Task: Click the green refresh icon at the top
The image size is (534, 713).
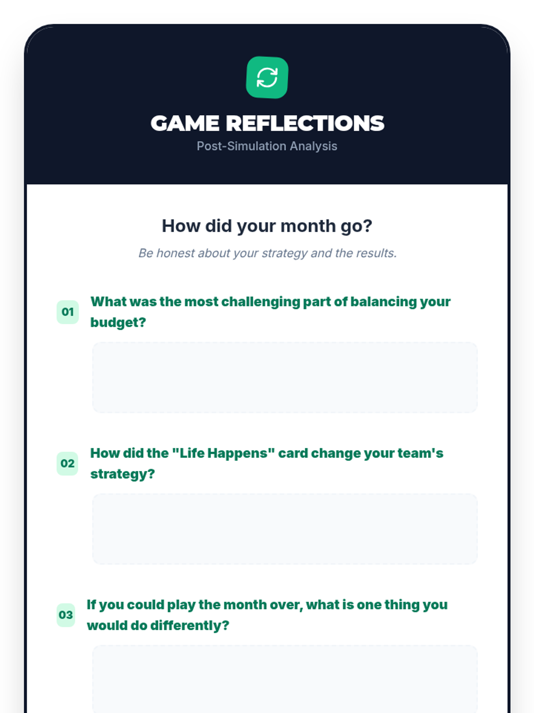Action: pos(267,77)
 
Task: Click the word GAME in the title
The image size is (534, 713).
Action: pos(185,123)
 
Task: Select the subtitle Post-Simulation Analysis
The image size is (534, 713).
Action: pos(267,146)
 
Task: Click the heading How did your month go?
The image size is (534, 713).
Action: pos(267,226)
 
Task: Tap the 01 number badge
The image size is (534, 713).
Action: pos(68,312)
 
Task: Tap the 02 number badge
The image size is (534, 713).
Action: pos(68,463)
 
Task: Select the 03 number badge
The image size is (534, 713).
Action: pos(66,615)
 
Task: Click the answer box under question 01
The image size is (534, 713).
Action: pos(285,377)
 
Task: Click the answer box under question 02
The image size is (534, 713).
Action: pos(285,529)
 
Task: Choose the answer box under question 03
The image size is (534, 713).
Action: pos(285,679)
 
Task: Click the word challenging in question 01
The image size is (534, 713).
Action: pos(261,302)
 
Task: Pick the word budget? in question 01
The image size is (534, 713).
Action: pos(118,323)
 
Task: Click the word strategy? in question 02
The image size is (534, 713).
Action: pos(122,474)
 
